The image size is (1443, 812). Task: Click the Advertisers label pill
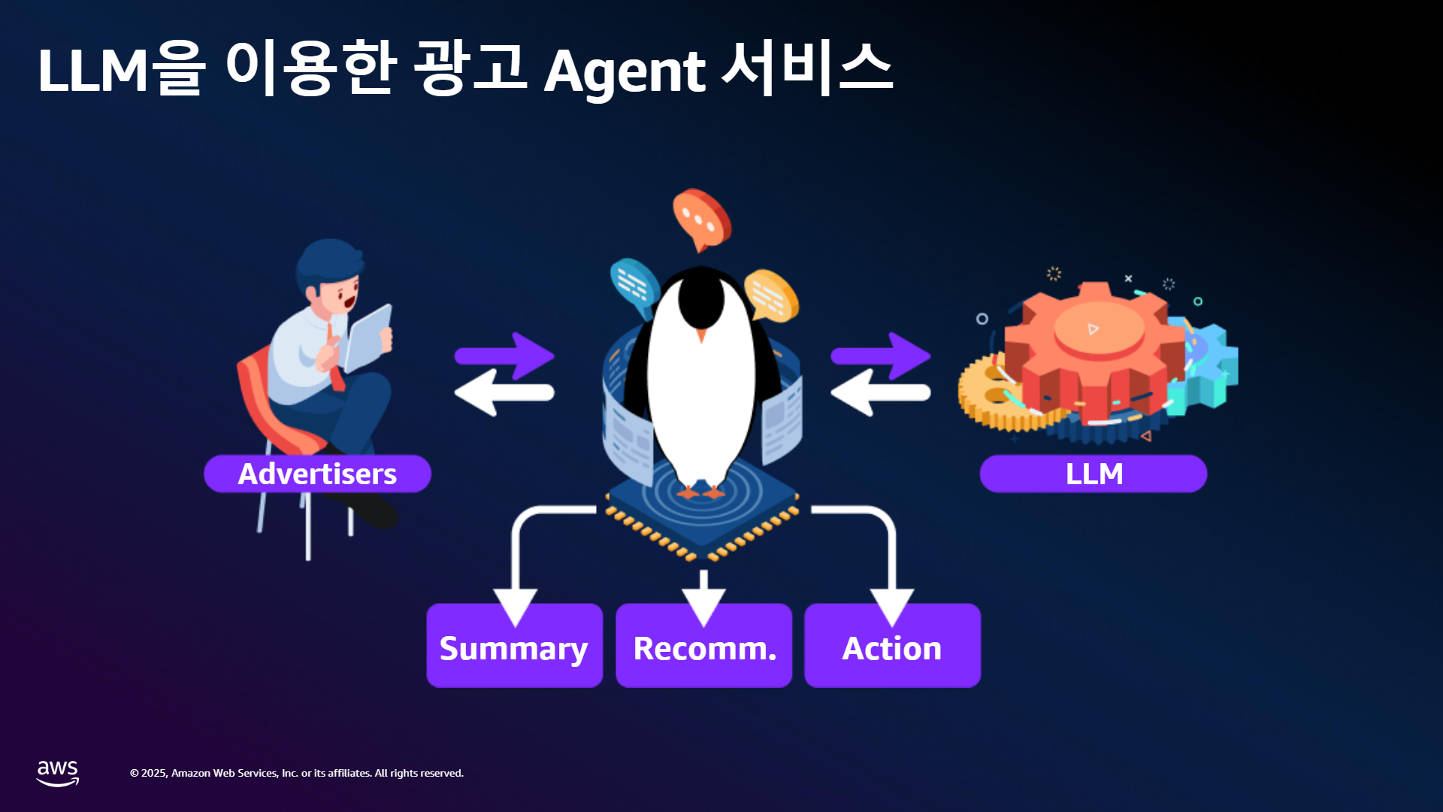[317, 474]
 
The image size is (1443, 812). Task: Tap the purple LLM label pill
[1094, 474]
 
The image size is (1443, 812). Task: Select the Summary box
[515, 646]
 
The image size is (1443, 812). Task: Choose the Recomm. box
[704, 646]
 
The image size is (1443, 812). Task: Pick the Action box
[893, 646]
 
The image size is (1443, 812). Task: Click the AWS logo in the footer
[58, 773]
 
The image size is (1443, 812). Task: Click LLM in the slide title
[93, 71]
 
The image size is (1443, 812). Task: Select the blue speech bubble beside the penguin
[634, 286]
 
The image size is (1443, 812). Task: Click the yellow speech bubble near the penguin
[771, 295]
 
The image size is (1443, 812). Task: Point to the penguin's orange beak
[701, 335]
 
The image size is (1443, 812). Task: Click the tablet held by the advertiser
[368, 338]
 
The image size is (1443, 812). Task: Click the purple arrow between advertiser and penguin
[505, 356]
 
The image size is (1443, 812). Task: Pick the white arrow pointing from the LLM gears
[881, 392]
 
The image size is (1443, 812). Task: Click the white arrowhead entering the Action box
[892, 606]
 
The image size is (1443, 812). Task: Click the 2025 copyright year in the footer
[154, 773]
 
